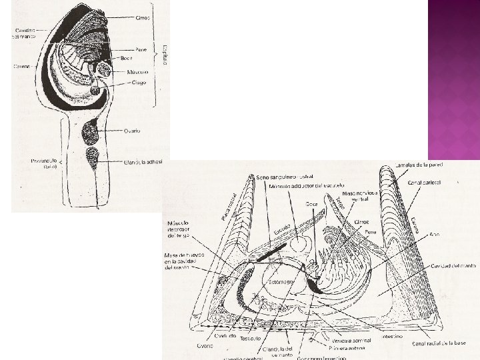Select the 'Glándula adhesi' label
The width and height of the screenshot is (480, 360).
pos(143,161)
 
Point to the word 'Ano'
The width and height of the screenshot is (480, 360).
pos(435,235)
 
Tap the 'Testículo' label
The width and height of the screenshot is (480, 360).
pos(251,339)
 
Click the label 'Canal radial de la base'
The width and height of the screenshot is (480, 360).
pos(441,343)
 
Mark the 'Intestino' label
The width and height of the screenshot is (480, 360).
pos(392,337)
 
